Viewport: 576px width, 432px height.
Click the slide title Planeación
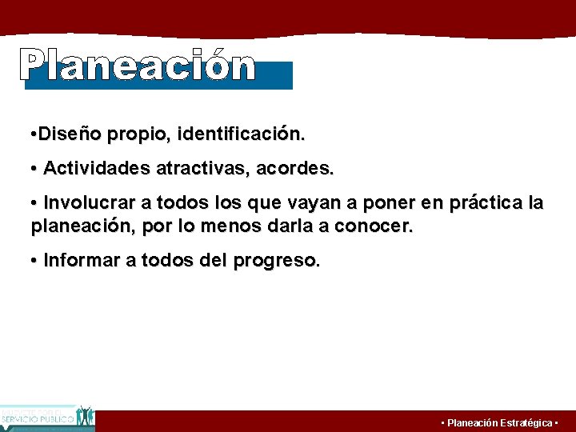[138, 66]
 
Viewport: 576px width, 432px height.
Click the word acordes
[302, 169]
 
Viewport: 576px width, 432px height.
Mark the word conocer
[374, 226]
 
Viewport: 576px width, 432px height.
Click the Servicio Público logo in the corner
[47, 418]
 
